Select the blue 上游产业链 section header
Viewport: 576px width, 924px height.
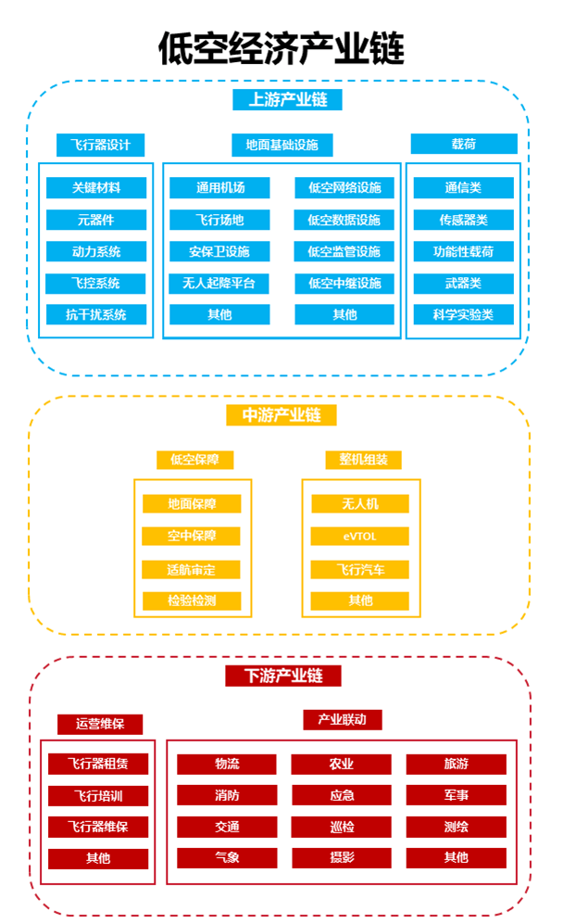(287, 99)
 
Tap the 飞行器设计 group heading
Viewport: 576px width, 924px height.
(100, 145)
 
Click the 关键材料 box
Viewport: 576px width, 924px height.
(96, 188)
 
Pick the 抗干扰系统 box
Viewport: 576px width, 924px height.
(96, 314)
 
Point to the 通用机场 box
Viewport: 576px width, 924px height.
(220, 188)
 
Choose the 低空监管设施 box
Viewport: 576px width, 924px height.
(344, 251)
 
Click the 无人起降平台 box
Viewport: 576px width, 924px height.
(220, 283)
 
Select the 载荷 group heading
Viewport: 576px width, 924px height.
(464, 145)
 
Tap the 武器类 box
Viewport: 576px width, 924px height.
(463, 283)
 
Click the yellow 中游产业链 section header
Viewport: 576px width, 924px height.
(281, 415)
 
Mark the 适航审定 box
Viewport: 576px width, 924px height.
(192, 569)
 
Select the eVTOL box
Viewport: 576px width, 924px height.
(359, 536)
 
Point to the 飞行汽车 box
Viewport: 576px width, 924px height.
(359, 569)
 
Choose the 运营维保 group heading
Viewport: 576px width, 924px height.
(100, 724)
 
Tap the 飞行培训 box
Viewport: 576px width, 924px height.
(98, 796)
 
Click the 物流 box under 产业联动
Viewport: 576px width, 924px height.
(227, 765)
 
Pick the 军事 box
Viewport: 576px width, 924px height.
(456, 795)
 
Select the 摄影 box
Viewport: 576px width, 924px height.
(341, 858)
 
